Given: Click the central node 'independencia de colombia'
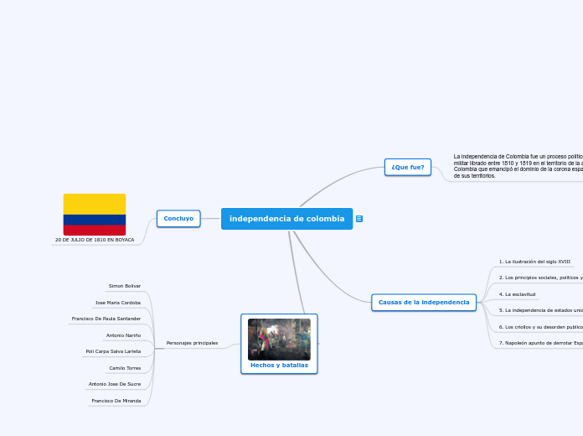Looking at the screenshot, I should point(286,219).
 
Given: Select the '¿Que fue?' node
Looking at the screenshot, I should point(408,167).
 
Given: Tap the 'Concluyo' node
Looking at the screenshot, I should point(178,218).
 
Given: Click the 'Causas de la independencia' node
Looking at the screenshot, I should point(424,302).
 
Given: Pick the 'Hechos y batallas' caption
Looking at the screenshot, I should point(279,365).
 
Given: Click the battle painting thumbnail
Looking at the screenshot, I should point(279,339).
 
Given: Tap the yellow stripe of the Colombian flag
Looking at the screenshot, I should point(95,204).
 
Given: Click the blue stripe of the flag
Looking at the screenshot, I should point(95,220).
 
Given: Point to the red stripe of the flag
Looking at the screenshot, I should point(95,230).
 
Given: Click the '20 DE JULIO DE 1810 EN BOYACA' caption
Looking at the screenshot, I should point(95,240).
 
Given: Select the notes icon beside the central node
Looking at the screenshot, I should point(359,219).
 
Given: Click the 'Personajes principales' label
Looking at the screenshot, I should point(192,343).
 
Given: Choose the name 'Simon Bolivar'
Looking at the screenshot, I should point(125,286).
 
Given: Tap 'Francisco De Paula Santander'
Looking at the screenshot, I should point(106,319).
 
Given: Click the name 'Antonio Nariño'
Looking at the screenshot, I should point(123,335).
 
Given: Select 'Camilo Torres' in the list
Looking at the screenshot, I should point(125,368).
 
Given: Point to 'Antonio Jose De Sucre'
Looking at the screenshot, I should point(115,384).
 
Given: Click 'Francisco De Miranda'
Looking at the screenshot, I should point(116,401).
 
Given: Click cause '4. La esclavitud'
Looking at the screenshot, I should point(517,294).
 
